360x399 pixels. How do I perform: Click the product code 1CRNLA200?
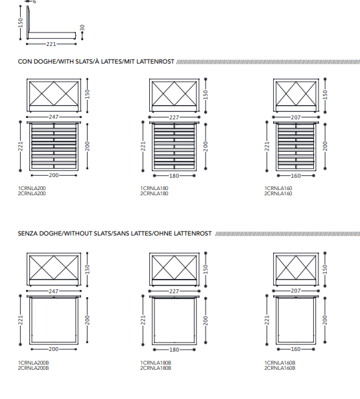pos(32,188)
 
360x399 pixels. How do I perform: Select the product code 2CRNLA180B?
pos(156,368)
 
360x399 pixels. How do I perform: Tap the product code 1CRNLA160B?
pos(280,363)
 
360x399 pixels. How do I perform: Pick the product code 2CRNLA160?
pos(278,193)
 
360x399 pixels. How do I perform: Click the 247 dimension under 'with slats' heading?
pos(54,117)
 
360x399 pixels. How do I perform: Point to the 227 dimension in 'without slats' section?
pos(174,291)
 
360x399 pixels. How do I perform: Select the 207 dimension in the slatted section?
pos(296,117)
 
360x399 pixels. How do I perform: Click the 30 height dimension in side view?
pos(82,28)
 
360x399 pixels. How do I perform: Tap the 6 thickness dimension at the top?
pos(34,2)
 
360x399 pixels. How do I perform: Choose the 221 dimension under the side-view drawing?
pos(51,44)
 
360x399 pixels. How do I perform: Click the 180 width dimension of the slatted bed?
pos(174,176)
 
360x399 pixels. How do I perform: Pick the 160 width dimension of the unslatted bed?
pos(296,349)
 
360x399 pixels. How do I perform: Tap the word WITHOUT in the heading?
pos(78,234)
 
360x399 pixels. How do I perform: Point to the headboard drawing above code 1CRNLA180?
pos(174,95)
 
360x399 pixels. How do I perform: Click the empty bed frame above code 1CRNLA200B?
pos(54,320)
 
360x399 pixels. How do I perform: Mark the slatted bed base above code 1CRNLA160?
pos(296,147)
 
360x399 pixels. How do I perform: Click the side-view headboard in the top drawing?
pos(28,23)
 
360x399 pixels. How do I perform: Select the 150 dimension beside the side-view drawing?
pos(20,23)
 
